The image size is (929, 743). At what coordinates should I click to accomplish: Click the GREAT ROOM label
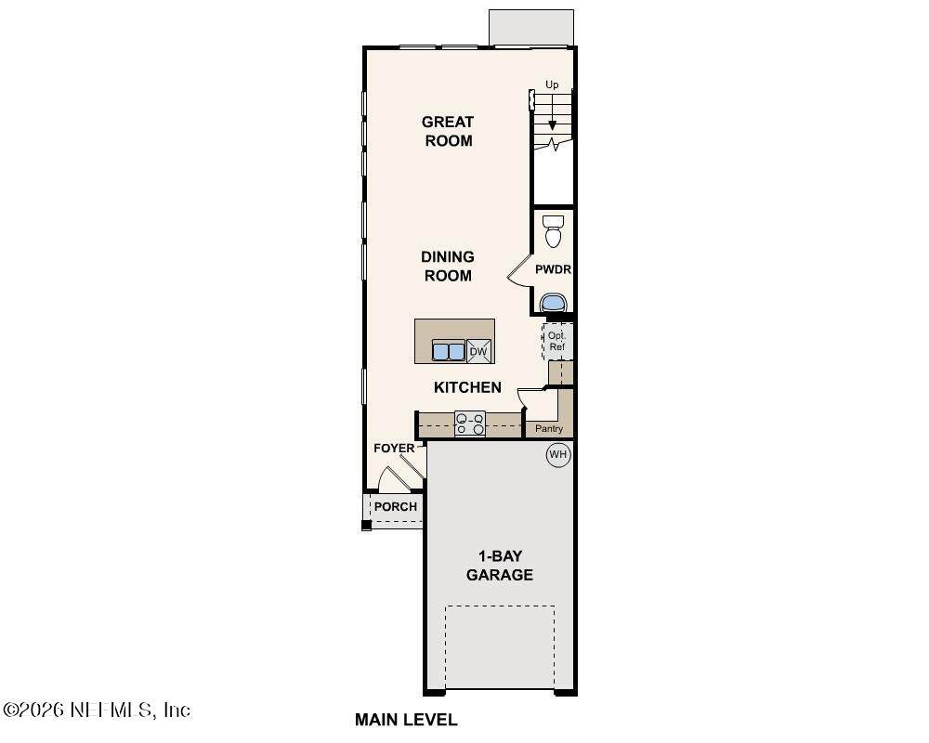pos(448,131)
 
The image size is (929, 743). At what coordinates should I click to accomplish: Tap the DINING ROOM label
pos(448,266)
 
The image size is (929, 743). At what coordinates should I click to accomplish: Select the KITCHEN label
pos(467,387)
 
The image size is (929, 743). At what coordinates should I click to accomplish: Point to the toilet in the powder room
pos(554,231)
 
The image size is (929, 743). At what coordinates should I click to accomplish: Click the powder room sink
pos(554,302)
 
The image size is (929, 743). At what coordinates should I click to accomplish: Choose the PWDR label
pos(553,269)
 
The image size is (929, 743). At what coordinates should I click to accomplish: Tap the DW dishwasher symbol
pos(478,351)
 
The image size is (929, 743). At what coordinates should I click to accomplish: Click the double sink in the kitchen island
pos(449,351)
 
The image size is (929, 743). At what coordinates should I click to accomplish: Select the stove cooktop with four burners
pos(470,424)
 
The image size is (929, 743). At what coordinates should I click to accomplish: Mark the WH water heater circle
pos(558,455)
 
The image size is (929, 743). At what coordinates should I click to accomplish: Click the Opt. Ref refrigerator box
pos(557,341)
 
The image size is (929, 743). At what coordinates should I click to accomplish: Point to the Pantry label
pos(549,428)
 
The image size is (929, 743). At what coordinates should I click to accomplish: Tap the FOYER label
pos(394,449)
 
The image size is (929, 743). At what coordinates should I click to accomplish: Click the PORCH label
pos(395,507)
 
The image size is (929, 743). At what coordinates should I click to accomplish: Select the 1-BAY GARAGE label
pos(500,566)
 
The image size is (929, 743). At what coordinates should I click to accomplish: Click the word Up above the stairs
pos(552,85)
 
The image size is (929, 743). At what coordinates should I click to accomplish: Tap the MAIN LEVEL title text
pos(406,720)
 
